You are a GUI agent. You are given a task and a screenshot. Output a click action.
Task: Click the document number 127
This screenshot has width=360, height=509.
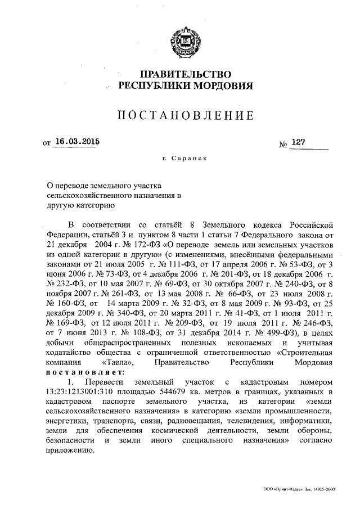point(298,143)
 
